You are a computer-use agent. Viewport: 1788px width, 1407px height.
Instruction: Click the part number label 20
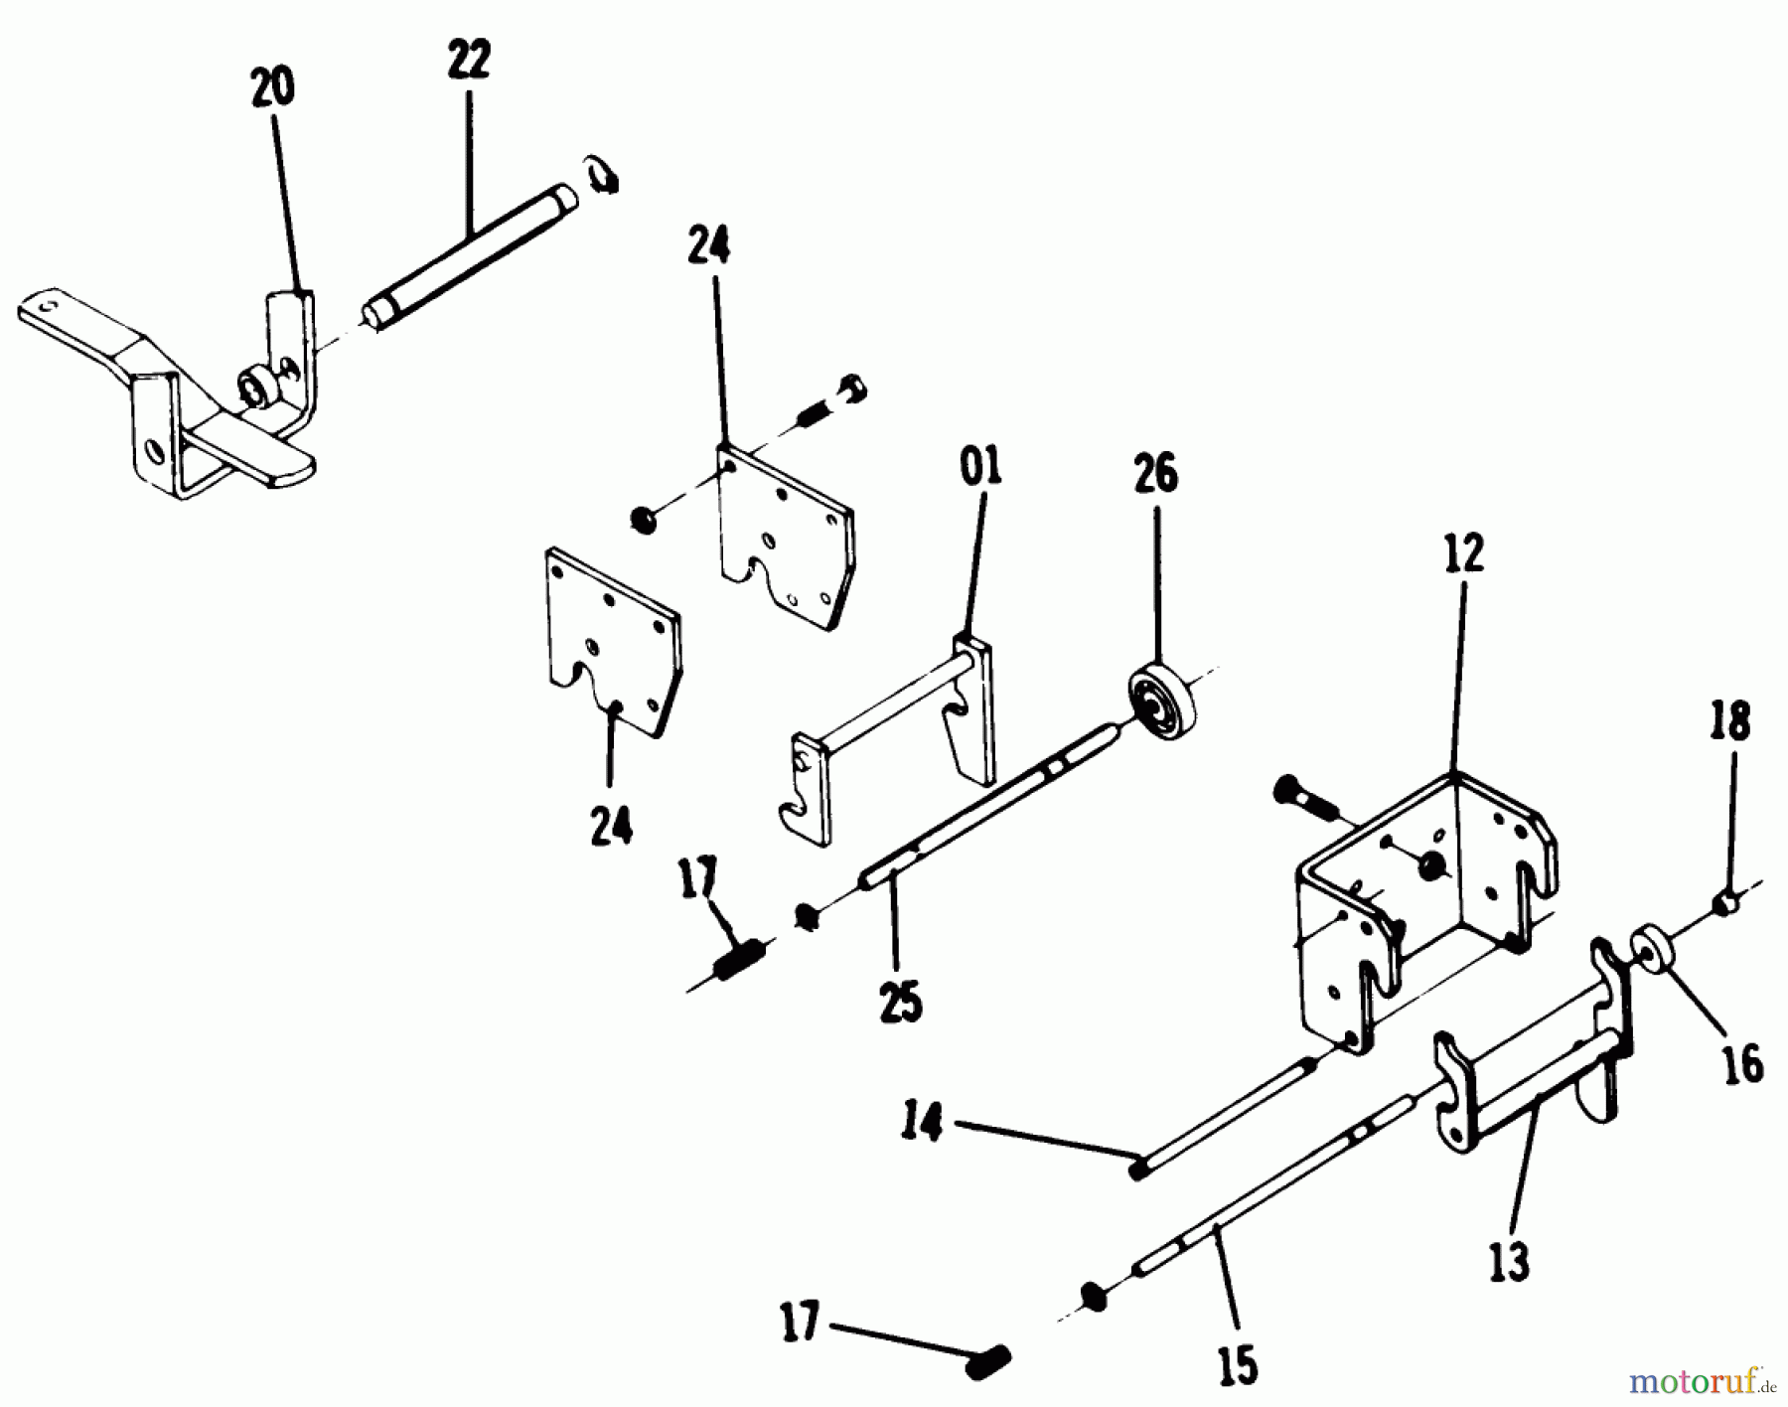tap(273, 88)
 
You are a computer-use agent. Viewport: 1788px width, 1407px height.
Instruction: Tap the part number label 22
tap(469, 62)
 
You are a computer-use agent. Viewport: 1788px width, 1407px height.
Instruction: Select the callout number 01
tap(981, 467)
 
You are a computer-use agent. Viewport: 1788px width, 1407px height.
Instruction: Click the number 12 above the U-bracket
tap(1464, 553)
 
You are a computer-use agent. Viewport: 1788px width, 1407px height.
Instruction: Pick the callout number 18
tap(1729, 721)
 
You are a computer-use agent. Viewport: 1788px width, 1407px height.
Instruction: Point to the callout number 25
tap(900, 1002)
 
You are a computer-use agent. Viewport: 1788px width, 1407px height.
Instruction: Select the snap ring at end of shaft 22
tap(602, 175)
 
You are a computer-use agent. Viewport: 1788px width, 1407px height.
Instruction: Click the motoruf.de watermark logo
tap(1702, 1381)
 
